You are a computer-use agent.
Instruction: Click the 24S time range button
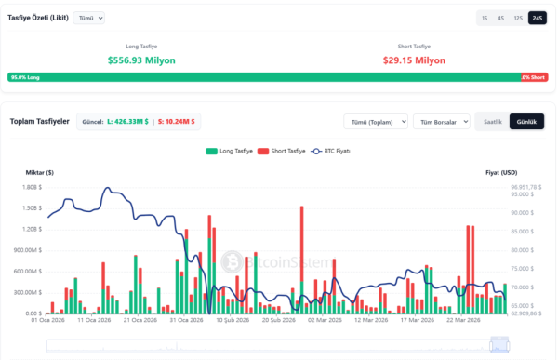click(x=537, y=18)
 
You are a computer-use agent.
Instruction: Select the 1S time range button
click(x=485, y=18)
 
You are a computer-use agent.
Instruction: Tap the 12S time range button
click(x=518, y=18)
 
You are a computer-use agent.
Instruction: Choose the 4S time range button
click(x=501, y=18)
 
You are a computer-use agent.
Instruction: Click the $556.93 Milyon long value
click(x=141, y=60)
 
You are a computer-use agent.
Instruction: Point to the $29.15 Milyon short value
click(x=414, y=60)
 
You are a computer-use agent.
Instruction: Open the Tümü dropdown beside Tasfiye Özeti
click(x=89, y=18)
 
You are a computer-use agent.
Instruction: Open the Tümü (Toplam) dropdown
click(x=376, y=121)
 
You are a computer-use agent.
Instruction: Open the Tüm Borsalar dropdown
click(x=440, y=121)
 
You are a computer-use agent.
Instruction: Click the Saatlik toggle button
click(x=492, y=121)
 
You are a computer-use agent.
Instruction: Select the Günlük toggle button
click(x=526, y=121)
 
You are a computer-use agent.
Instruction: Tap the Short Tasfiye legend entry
click(x=282, y=151)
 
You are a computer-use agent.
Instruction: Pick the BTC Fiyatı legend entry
click(x=330, y=151)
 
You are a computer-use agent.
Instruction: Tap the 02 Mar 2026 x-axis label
click(x=324, y=321)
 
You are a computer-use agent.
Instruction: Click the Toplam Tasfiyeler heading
click(x=39, y=121)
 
